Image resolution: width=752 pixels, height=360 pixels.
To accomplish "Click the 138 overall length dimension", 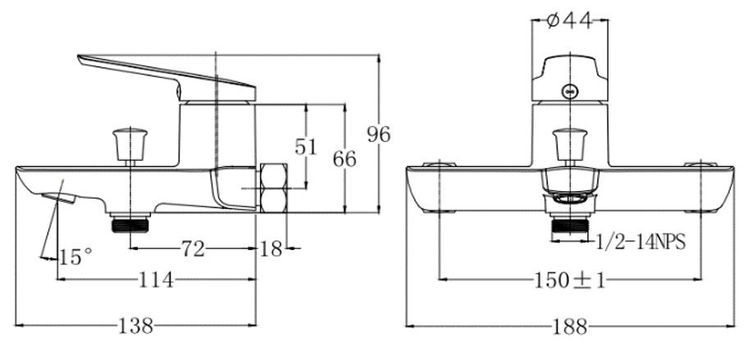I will click(x=136, y=326).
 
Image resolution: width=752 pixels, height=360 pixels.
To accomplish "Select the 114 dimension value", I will click(x=156, y=280).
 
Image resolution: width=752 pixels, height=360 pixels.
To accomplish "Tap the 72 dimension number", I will click(x=193, y=249).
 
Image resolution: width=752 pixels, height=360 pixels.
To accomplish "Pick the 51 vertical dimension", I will click(x=306, y=147).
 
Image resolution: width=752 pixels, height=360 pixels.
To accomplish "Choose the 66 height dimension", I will click(x=344, y=159).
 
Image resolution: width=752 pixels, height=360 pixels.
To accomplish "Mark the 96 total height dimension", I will click(x=379, y=134).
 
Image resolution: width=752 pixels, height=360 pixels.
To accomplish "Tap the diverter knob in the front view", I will click(x=570, y=145).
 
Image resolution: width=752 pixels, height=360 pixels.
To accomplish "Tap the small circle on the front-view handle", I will click(x=570, y=92).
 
